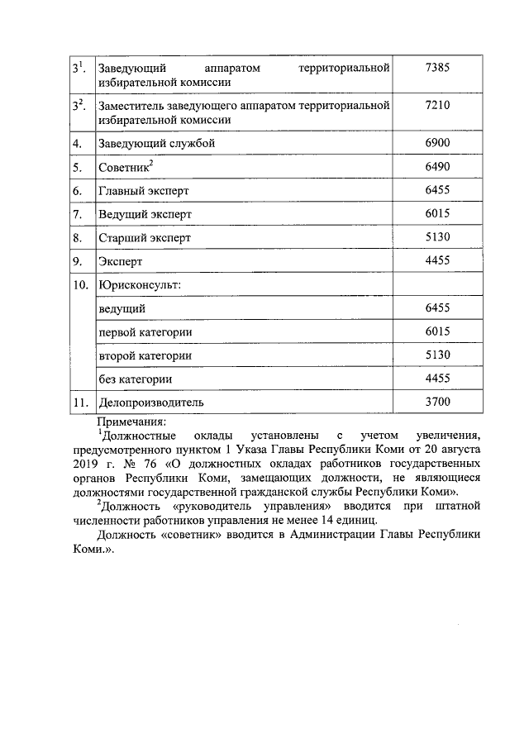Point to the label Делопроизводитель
click(x=150, y=403)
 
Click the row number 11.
click(x=80, y=403)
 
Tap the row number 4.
click(x=77, y=143)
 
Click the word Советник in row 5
click(x=123, y=167)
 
